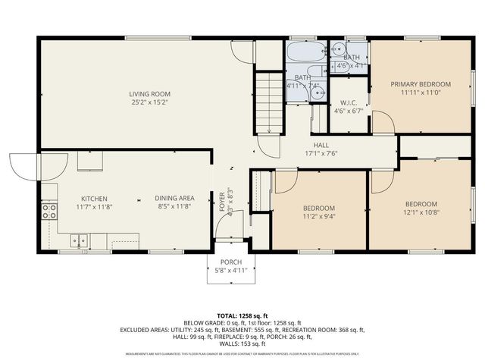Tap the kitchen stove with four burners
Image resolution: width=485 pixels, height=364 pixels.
[49, 210]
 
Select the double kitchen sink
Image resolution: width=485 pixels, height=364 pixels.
[80, 241]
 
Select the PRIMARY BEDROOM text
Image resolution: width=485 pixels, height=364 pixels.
[421, 83]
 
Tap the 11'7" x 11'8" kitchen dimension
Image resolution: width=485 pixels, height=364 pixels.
[95, 206]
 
